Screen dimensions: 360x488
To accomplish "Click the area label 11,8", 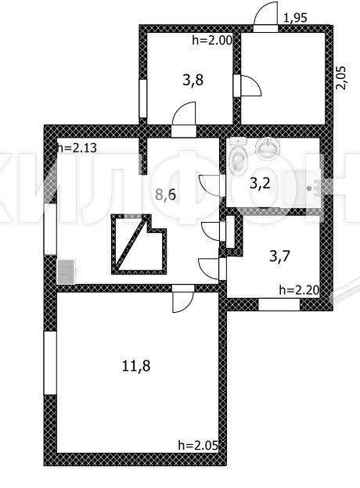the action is pos(136,366).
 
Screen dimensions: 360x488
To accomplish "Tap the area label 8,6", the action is pos(166,195).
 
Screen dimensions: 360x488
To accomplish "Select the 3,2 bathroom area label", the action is pos(260,184).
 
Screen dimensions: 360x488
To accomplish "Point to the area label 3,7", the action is pos(279,257).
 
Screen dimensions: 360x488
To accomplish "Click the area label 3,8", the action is pos(193,80).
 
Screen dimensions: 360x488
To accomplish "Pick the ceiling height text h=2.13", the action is pos(77,148).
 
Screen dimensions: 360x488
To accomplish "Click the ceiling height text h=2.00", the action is pos(212,40).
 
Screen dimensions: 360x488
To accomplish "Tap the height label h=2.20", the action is pos(299,290).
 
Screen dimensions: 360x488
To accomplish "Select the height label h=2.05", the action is pos(198,445).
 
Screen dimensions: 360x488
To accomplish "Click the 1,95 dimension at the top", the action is pos(295,18).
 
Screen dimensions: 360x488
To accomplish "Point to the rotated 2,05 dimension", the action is pos(341,77).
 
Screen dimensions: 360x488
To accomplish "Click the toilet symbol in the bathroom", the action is pos(238,156).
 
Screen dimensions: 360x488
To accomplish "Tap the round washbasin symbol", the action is pos(268,148).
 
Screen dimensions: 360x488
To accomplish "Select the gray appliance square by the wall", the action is pos(67,271).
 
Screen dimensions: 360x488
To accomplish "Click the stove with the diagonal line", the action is pos(139,244).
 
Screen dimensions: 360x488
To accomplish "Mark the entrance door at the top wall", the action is pos(265,16).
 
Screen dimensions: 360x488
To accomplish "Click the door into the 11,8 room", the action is pos(183,298).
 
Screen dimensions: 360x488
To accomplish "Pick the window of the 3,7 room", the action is pos(279,304).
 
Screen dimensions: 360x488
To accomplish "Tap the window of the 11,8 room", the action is pos(50,363).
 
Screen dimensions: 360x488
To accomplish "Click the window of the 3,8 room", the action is pos(142,99).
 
